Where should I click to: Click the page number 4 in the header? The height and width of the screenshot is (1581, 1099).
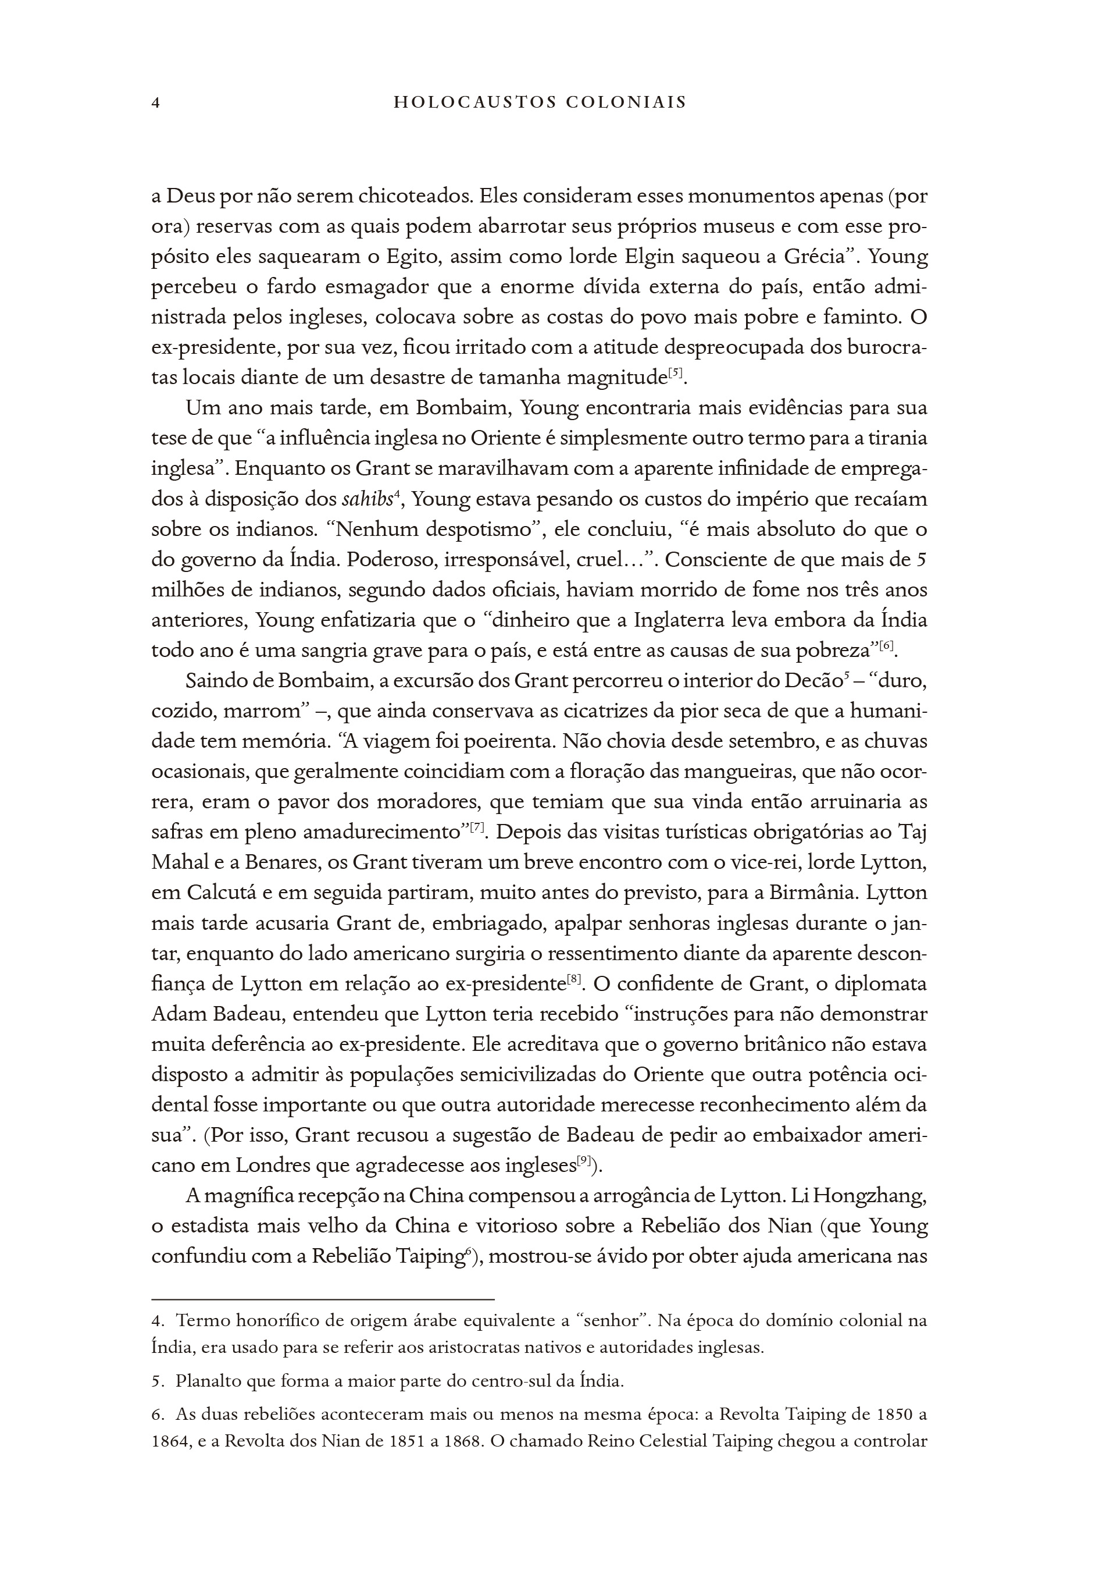155,104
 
